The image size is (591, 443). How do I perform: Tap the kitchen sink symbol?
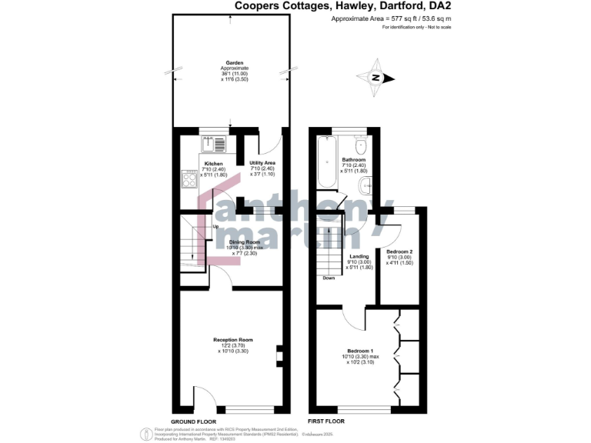(x=213, y=143)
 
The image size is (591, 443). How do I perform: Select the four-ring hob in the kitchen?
(x=189, y=178)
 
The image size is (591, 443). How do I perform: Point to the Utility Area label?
(x=262, y=164)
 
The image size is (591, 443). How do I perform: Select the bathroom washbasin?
(x=366, y=185)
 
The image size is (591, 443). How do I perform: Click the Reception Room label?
(x=233, y=340)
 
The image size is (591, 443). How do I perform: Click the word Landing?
(x=359, y=256)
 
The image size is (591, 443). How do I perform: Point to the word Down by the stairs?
(x=329, y=278)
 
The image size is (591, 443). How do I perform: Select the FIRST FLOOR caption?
(x=326, y=421)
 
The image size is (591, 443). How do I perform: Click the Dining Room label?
(x=244, y=241)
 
